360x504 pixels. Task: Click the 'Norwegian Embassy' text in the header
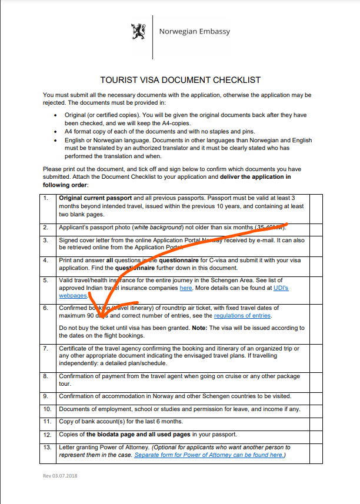(194, 32)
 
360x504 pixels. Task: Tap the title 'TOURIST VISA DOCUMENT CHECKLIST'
(181, 80)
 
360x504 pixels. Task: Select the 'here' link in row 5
(186, 289)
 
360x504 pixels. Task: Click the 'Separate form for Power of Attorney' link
(209, 455)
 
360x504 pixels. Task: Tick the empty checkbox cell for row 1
(316, 206)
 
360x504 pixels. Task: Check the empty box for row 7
(316, 356)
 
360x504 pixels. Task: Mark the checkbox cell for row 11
(316, 422)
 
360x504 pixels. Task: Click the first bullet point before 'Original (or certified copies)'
(55, 116)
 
